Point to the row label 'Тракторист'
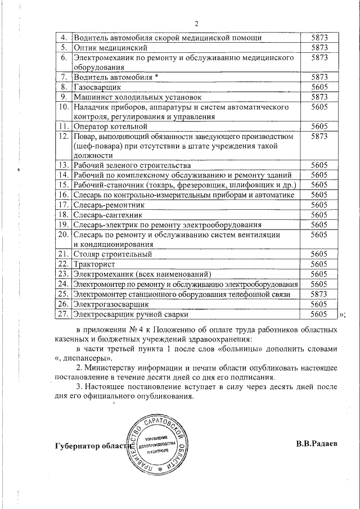[94, 264]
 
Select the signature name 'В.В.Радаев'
[317, 444]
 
